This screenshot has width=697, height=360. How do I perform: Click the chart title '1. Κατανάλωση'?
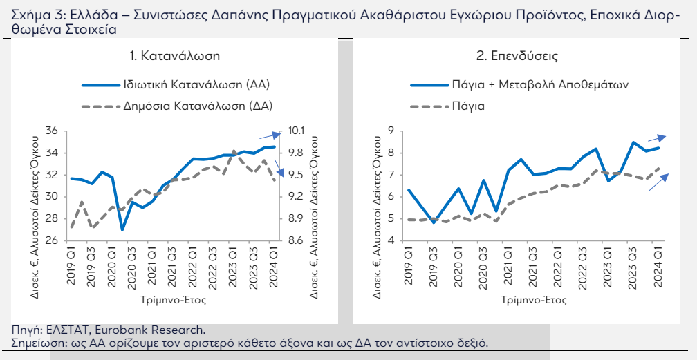175,56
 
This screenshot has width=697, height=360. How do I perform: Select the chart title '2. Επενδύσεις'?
517,56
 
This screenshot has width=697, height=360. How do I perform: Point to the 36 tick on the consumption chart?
52,131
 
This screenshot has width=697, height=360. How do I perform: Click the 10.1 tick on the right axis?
296,131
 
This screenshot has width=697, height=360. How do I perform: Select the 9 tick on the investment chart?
391,131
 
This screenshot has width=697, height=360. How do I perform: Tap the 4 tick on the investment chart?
391,240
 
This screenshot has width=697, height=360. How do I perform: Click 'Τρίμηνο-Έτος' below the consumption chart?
174,300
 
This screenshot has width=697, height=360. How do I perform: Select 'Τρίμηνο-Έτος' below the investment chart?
534,300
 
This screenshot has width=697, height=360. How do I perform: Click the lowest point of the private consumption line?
122,229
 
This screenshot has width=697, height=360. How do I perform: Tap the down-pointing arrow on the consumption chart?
279,169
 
